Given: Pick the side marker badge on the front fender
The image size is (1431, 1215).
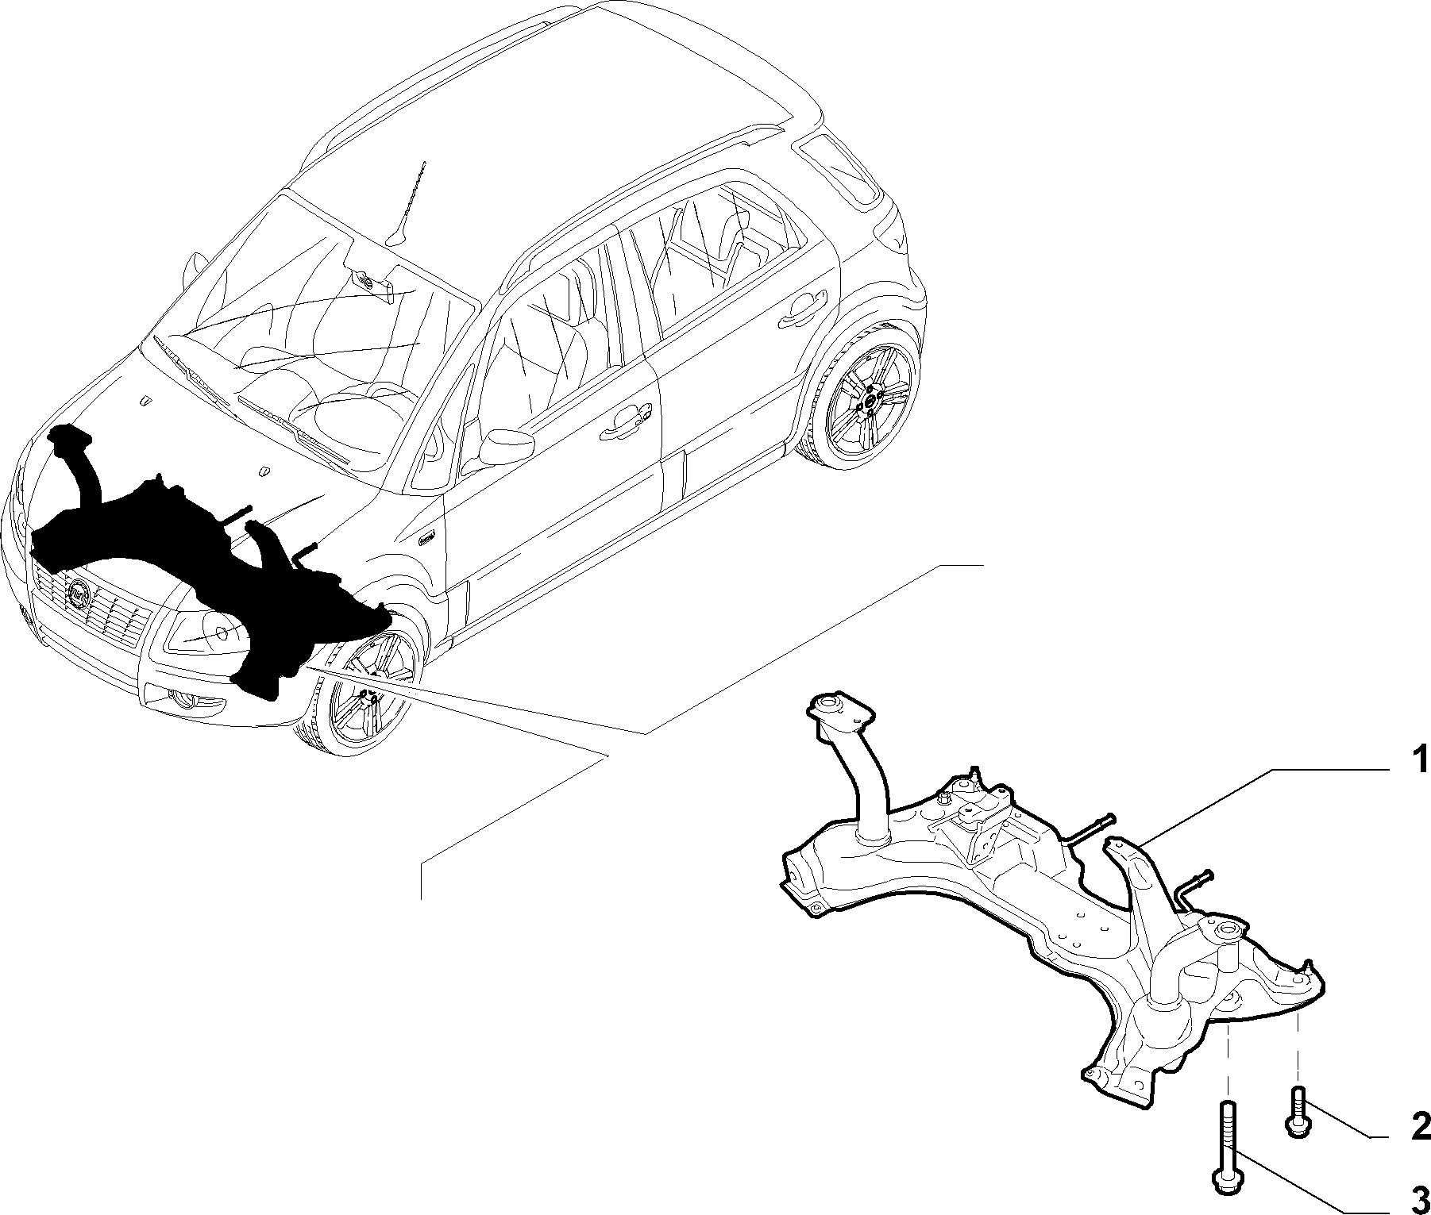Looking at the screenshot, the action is click(x=430, y=536).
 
